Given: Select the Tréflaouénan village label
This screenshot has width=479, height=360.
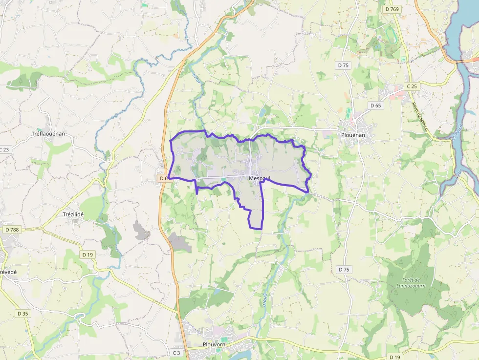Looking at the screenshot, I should pyautogui.click(x=48, y=134).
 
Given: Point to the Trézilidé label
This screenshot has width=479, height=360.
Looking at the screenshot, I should pyautogui.click(x=73, y=214).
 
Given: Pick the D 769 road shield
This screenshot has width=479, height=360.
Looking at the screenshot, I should pyautogui.click(x=392, y=9).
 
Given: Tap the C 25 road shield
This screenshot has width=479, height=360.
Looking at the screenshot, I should pyautogui.click(x=412, y=86).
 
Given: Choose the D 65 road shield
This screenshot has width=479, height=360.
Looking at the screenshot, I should pyautogui.click(x=375, y=106).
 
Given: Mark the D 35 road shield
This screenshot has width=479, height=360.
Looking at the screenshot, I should pyautogui.click(x=22, y=313).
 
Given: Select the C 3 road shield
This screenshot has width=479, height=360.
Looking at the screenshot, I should pyautogui.click(x=176, y=352).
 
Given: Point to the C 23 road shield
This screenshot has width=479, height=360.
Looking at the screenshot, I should pyautogui.click(x=4, y=149).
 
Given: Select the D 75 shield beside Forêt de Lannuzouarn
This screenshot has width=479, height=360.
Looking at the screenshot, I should pyautogui.click(x=344, y=269).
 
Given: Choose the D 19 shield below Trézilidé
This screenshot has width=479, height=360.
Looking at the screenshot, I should pyautogui.click(x=87, y=254).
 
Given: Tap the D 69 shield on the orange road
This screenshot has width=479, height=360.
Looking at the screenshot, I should pyautogui.click(x=164, y=179).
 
